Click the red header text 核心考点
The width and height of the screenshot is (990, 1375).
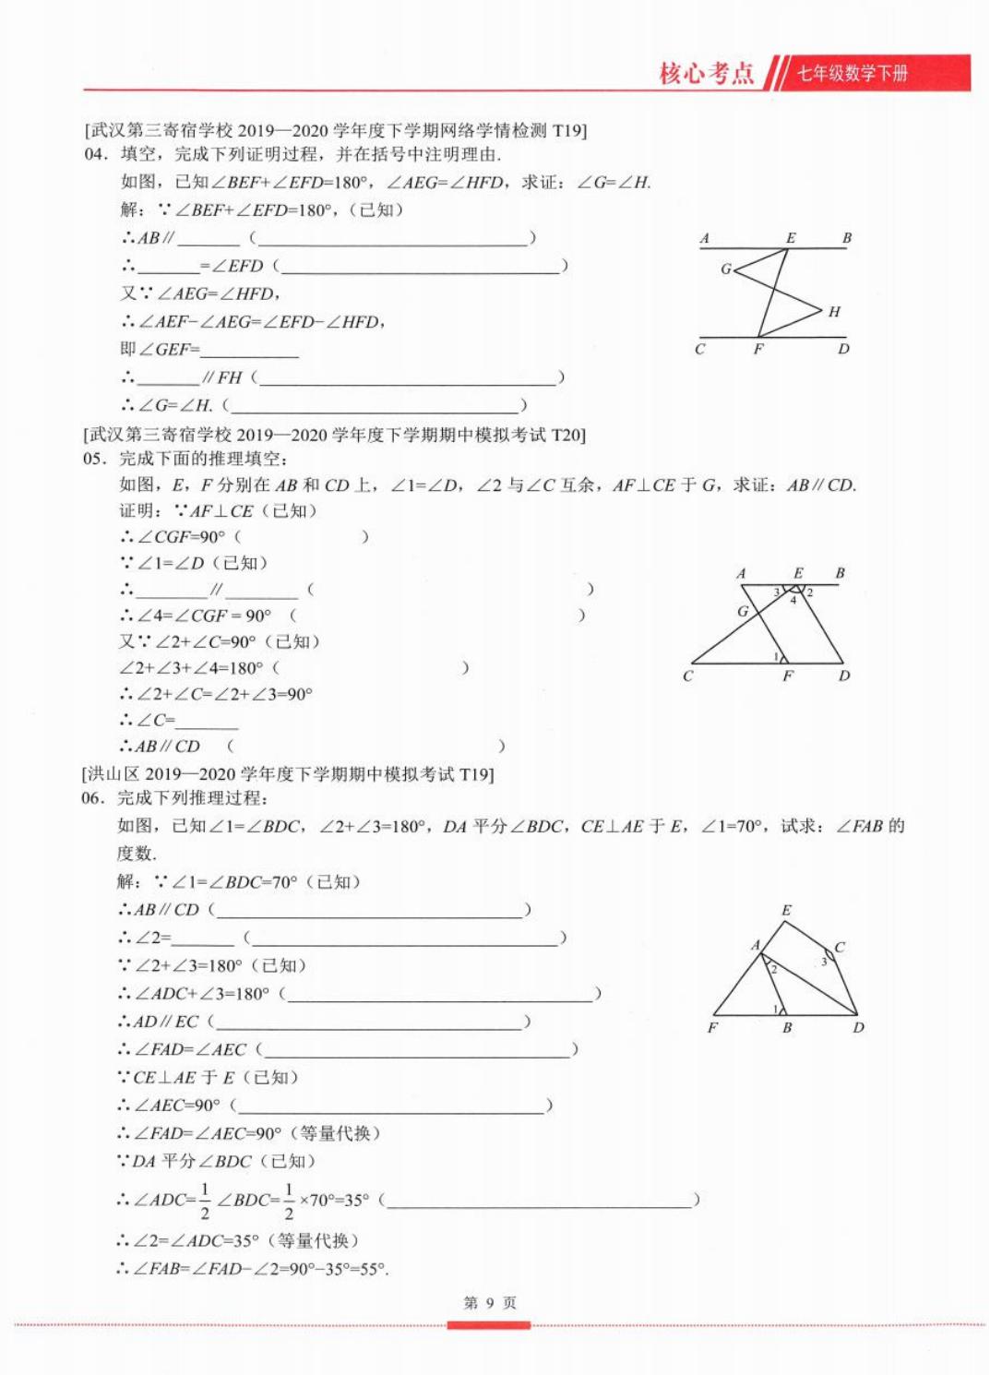pos(706,73)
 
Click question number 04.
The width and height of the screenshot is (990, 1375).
pos(95,154)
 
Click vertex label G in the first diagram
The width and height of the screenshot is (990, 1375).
pos(726,269)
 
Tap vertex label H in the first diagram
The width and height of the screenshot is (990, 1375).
pos(834,312)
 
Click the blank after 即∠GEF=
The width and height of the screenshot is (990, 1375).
pos(249,351)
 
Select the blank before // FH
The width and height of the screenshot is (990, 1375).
pos(167,378)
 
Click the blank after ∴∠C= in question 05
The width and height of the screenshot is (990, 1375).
pos(207,722)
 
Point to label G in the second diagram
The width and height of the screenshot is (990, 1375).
pos(743,611)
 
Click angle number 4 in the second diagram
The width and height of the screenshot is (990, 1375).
pos(793,601)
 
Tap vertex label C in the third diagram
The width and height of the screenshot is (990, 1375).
pos(840,947)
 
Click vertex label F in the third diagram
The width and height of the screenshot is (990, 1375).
pos(712,1027)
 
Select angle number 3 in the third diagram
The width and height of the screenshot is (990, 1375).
pos(824,962)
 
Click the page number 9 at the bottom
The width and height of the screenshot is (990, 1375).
pos(490,1302)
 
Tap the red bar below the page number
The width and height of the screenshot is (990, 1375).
pos(489,1325)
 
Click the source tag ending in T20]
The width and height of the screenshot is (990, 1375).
pos(334,435)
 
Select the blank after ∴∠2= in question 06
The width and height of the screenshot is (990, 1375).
pos(203,939)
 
